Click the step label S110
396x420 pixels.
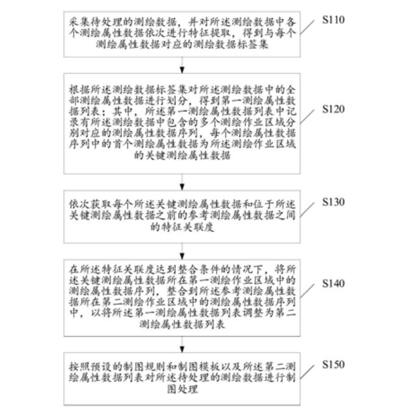click(333, 20)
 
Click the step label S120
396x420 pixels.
click(333, 110)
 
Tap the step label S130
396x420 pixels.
click(333, 201)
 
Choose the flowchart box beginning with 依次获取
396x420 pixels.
click(182, 212)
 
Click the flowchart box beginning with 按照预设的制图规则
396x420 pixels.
click(182, 379)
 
